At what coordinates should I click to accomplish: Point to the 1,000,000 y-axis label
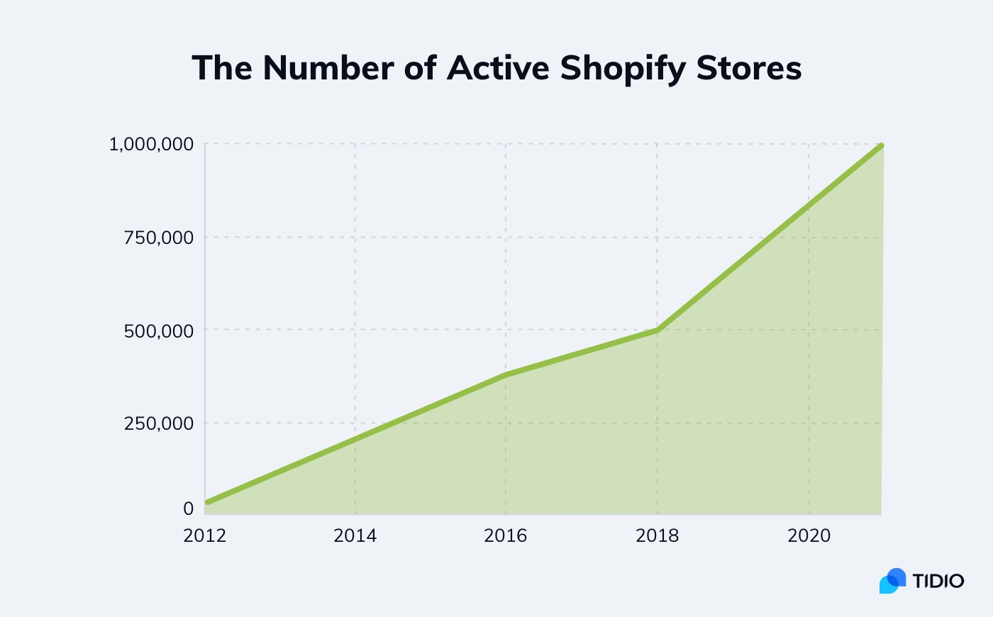click(x=151, y=145)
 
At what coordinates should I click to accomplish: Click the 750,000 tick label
click(x=159, y=238)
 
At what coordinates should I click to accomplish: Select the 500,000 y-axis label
click(x=159, y=330)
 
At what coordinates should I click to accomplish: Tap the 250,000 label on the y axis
click(x=159, y=423)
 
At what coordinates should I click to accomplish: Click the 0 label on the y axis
click(x=188, y=508)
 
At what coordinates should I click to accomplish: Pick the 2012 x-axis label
click(x=205, y=535)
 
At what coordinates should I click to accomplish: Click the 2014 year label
click(x=355, y=535)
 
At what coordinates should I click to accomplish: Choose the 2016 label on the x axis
click(x=506, y=535)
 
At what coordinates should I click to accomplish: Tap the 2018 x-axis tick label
click(x=658, y=535)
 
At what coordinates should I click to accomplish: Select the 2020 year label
click(x=809, y=535)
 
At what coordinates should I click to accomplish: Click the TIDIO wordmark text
click(x=938, y=582)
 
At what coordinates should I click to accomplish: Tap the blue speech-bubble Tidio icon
click(x=892, y=581)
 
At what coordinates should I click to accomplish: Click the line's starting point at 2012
click(x=207, y=502)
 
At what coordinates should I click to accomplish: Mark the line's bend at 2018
click(x=658, y=330)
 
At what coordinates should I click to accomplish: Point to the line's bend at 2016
click(x=506, y=374)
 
